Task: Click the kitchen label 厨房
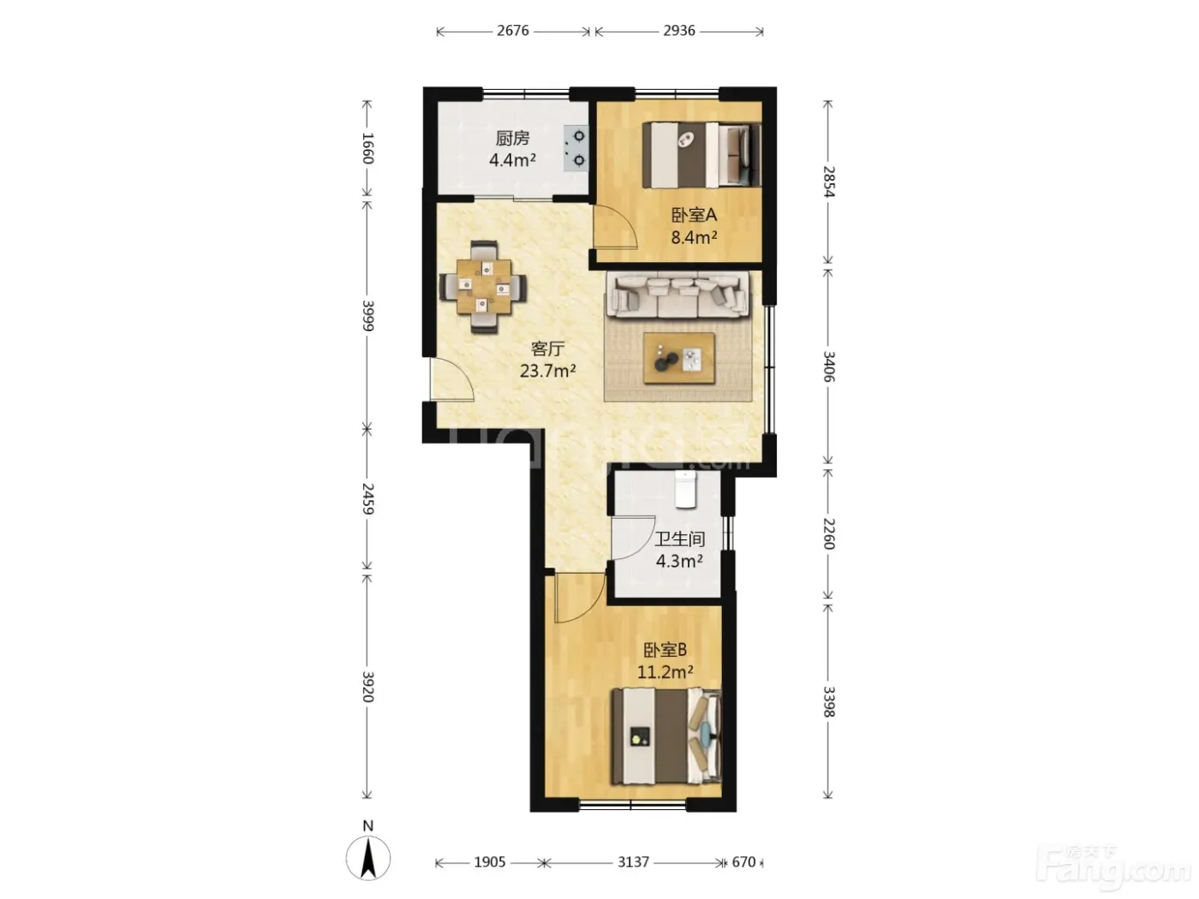coord(512,138)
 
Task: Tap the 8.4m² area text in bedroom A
coord(694,237)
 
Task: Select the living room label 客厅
coord(547,348)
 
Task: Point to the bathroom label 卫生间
coord(680,539)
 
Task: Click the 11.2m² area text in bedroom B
coord(665,672)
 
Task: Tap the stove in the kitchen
coord(576,148)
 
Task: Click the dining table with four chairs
coord(483,287)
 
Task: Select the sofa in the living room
coord(679,295)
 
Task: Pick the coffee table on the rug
coord(679,358)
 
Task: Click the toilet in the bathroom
coord(686,489)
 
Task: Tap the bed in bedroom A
coord(701,156)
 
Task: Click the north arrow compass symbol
coord(368,858)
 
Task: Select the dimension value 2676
coord(512,31)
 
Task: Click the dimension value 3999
coord(368,315)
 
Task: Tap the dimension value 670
coord(743,862)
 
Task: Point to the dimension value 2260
coord(829,533)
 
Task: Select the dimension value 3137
coord(633,862)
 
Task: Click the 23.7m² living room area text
coord(547,372)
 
